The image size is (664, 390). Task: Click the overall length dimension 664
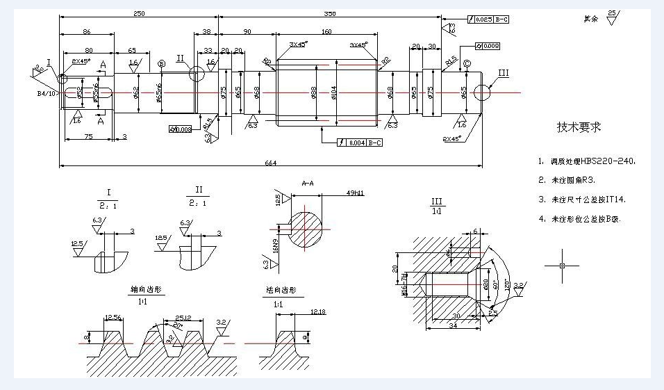271,163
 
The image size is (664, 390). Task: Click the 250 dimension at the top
139,14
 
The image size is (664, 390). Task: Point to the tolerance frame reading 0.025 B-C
490,19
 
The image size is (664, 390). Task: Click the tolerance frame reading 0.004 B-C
361,143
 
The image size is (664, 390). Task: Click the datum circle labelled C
467,64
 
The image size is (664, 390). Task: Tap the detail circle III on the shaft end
483,92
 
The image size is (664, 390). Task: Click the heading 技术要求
579,127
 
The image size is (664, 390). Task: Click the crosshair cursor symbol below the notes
562,266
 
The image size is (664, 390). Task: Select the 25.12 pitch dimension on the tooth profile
183,318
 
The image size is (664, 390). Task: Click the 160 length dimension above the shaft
326,31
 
